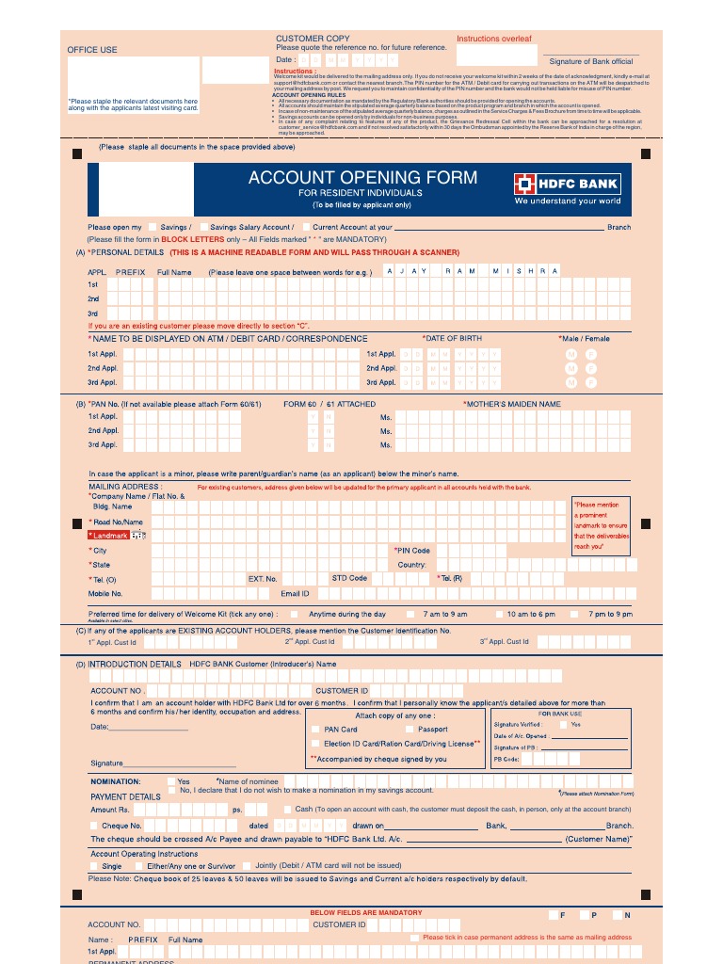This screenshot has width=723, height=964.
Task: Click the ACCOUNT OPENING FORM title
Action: point(362,178)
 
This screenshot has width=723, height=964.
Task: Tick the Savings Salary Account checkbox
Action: point(203,227)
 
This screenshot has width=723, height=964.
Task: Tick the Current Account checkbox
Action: point(306,227)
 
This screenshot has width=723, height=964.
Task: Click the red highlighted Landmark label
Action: point(108,536)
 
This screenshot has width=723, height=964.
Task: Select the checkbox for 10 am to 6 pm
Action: point(500,614)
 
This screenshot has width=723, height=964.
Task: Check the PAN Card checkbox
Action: point(315,730)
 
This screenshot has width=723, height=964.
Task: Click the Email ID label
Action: point(295,594)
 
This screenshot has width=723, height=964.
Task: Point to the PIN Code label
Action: point(412,551)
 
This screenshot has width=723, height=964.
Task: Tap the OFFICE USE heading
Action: point(92,50)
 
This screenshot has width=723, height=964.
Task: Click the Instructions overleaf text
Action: point(494,40)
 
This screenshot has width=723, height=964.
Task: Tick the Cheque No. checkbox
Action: point(94,826)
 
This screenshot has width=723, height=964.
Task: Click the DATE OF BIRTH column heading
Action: point(452,338)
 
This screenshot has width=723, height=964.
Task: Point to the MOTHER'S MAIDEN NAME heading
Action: point(511,404)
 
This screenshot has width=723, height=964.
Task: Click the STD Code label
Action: point(349,578)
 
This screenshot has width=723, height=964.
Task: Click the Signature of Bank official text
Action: point(591,61)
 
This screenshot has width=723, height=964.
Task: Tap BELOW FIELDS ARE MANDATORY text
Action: point(366,913)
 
